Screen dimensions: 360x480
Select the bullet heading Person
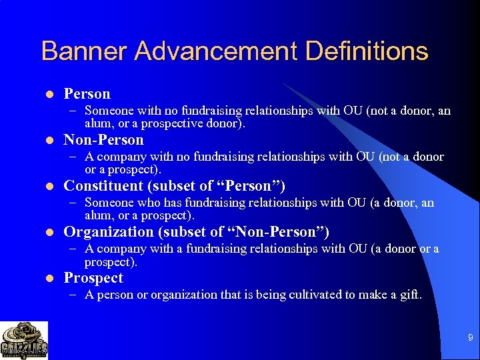tap(87, 94)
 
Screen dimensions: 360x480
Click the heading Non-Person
tap(103, 140)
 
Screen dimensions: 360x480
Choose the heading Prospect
tap(93, 278)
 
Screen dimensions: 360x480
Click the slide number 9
tap(469, 339)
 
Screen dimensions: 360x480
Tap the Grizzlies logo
tap(24, 341)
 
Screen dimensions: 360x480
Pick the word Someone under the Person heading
tap(107, 111)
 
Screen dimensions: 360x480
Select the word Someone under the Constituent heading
tap(107, 203)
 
